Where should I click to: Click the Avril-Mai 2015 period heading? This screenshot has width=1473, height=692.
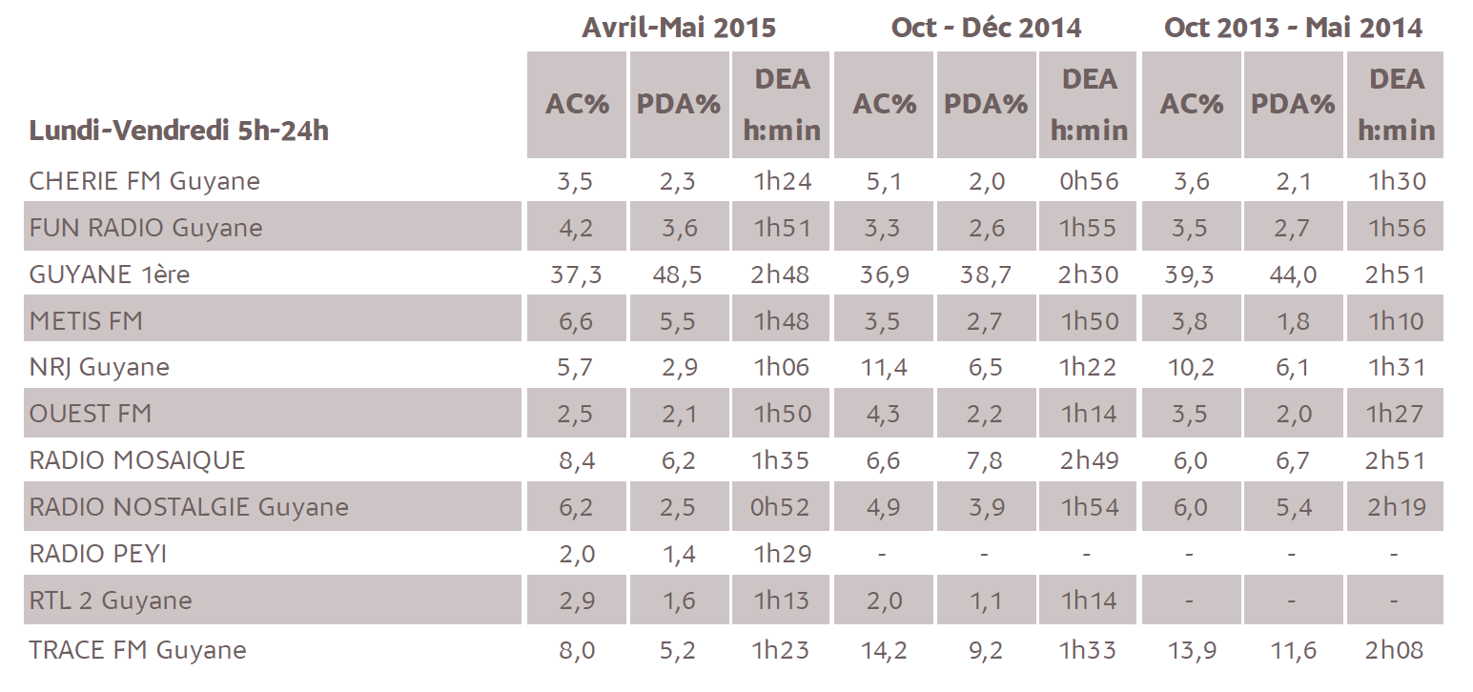[679, 28]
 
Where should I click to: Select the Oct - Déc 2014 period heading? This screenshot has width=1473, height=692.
[986, 28]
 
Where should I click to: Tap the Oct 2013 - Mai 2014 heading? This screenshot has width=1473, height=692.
[1293, 28]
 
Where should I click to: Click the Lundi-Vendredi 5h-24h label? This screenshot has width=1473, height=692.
[178, 131]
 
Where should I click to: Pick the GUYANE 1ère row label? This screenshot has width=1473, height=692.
[110, 275]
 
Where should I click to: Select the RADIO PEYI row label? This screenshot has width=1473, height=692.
[98, 554]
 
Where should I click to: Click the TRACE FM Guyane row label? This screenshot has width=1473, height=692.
[137, 650]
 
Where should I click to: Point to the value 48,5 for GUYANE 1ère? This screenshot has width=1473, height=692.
[679, 275]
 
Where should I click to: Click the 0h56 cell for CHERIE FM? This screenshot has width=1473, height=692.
[1089, 181]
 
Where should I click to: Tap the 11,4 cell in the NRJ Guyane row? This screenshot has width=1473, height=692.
[883, 367]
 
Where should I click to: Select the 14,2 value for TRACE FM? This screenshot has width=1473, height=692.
[883, 650]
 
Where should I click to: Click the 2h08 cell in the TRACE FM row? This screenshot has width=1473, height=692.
[1396, 650]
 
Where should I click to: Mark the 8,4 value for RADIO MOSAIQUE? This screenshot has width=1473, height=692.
[576, 460]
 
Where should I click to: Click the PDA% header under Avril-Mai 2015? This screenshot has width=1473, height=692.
[679, 105]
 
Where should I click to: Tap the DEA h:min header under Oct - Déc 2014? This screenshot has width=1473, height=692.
[1089, 105]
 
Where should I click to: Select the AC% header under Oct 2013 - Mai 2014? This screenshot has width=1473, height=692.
[1191, 105]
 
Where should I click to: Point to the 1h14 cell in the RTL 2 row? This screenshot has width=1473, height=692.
[1089, 600]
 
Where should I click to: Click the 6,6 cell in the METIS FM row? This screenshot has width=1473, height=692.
[576, 321]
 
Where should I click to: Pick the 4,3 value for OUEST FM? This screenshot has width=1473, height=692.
[883, 414]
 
